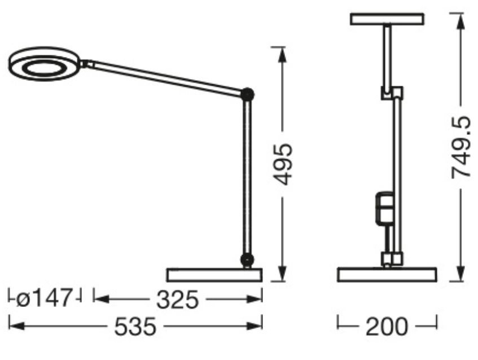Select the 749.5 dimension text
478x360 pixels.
pyautogui.click(x=461, y=147)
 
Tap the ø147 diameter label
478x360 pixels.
pyautogui.click(x=44, y=298)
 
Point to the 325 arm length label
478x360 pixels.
pyautogui.click(x=177, y=299)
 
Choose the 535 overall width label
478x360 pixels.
pyautogui.click(x=135, y=327)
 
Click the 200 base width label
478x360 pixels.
pyautogui.click(x=387, y=327)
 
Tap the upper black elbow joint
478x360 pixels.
pyautogui.click(x=247, y=94)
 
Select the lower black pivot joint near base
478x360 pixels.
pyautogui.click(x=247, y=260)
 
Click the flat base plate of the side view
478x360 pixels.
pyautogui.click(x=214, y=275)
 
